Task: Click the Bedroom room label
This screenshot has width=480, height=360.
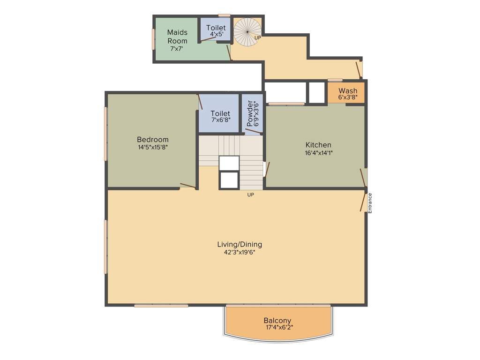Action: pyautogui.click(x=152, y=139)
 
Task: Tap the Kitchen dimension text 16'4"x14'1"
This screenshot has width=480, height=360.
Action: pyautogui.click(x=318, y=153)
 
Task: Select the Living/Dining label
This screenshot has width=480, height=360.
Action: pyautogui.click(x=239, y=244)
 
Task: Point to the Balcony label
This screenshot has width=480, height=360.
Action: pyautogui.click(x=277, y=321)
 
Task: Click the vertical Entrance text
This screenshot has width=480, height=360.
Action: pyautogui.click(x=370, y=203)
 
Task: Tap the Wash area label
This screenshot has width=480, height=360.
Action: pyautogui.click(x=347, y=90)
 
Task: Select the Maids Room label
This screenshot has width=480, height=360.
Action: pyautogui.click(x=177, y=37)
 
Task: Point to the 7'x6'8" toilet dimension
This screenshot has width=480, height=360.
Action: pyautogui.click(x=220, y=120)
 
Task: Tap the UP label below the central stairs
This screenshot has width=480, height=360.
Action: pyautogui.click(x=250, y=195)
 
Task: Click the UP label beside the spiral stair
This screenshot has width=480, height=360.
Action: pyautogui.click(x=257, y=37)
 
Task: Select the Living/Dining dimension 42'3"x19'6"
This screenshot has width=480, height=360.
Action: pyautogui.click(x=239, y=252)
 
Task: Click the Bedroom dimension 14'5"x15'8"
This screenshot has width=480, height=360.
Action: pyautogui.click(x=152, y=147)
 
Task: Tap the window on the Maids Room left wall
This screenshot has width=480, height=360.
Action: pyautogui.click(x=153, y=39)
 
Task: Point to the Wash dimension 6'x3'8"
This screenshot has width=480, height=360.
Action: pyautogui.click(x=347, y=97)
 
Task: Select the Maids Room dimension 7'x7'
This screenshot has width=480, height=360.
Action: pyautogui.click(x=177, y=49)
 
